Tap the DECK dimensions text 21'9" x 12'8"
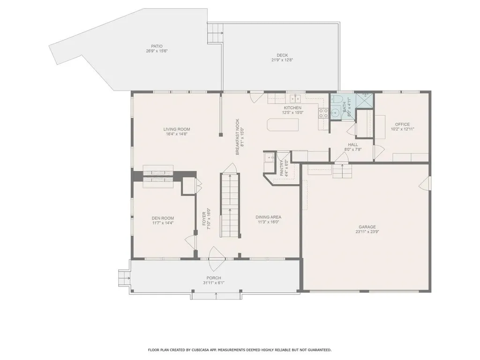coord(282,60)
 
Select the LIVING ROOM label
coord(177,129)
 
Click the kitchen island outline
coord(283,125)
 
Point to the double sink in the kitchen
coord(295,98)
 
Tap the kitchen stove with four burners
coord(323,112)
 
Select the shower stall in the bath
coord(364,100)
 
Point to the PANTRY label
coord(282,167)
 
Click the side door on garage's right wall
coord(425,183)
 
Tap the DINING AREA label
coord(269,217)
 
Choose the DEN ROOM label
coord(163,218)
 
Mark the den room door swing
coord(190,242)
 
